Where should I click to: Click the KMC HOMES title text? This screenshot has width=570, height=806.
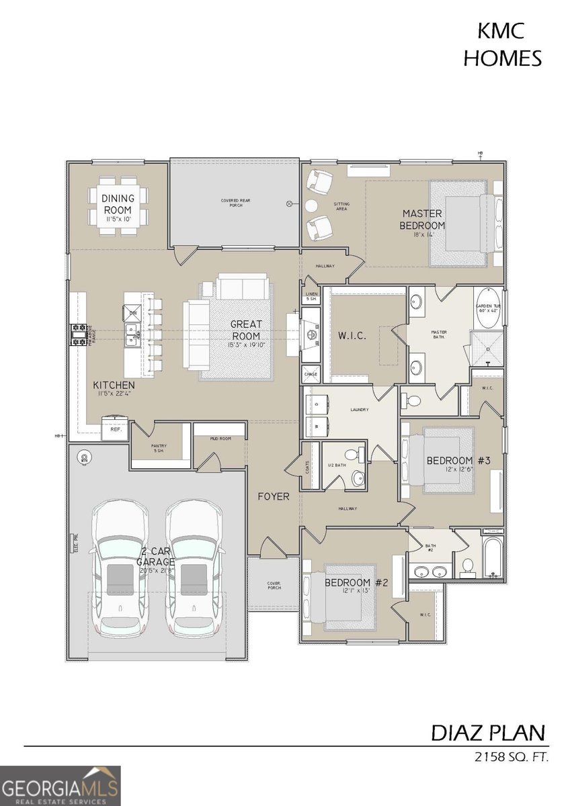click(x=503, y=45)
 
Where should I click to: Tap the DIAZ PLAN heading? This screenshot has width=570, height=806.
click(x=489, y=732)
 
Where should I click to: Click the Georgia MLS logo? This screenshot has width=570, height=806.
click(x=60, y=785)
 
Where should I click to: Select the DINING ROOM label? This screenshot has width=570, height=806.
click(x=118, y=203)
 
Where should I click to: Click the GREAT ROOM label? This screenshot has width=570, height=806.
click(x=247, y=330)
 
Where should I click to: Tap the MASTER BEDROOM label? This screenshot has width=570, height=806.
click(x=422, y=220)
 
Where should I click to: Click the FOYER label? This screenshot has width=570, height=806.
click(x=274, y=497)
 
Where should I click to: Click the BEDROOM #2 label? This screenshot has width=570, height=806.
click(x=356, y=582)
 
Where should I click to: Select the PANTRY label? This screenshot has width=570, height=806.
click(x=159, y=448)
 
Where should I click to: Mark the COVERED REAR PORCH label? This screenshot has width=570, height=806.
click(x=232, y=202)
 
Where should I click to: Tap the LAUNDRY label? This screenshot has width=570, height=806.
click(x=358, y=409)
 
